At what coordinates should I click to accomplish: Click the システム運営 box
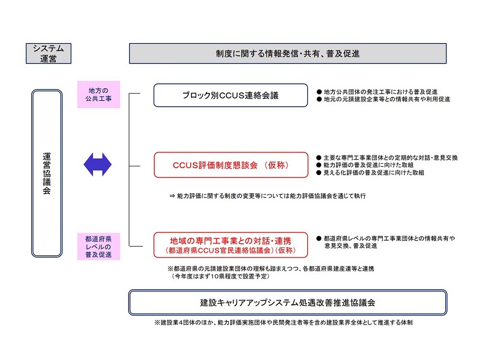[49, 53]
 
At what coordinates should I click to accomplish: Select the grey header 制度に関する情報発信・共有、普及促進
[287, 53]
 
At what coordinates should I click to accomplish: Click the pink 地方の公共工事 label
[98, 95]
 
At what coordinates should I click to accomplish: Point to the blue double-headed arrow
[98, 164]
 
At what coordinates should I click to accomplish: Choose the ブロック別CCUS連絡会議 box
[230, 95]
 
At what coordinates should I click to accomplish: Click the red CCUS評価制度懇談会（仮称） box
[230, 165]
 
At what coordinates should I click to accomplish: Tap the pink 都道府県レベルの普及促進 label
[98, 247]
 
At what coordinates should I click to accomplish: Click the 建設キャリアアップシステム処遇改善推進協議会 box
[287, 302]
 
